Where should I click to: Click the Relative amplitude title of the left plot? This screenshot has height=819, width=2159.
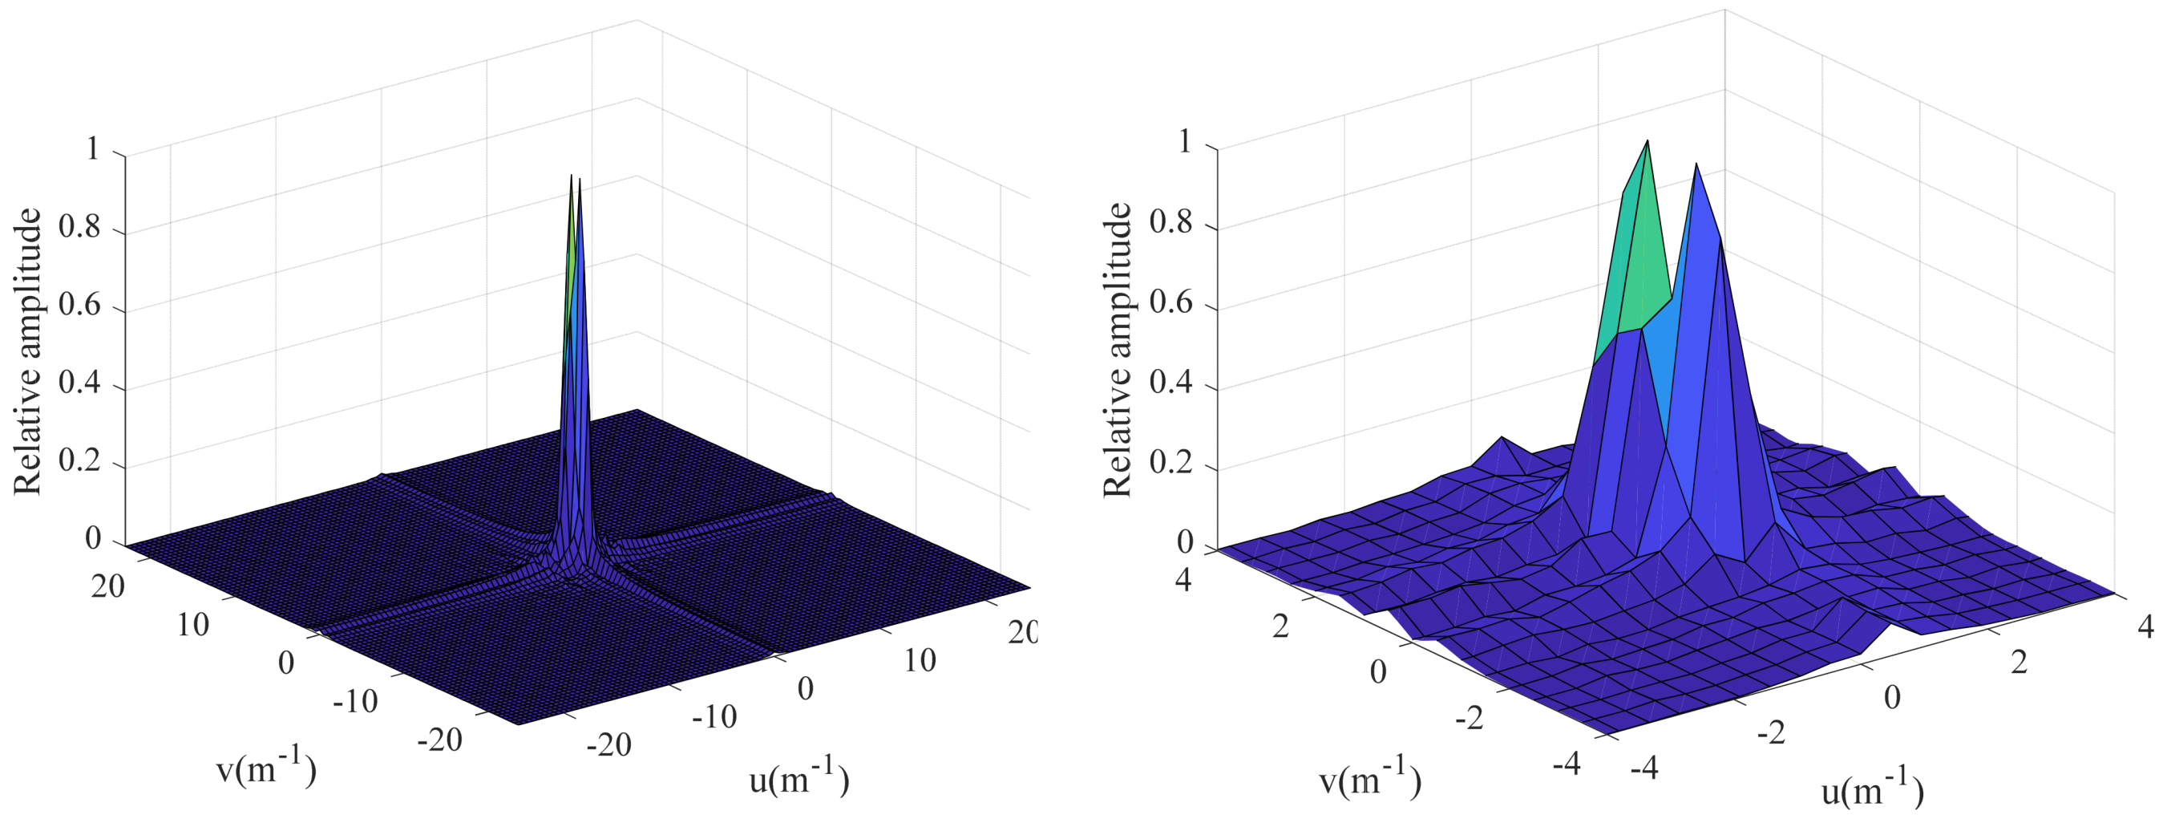point(27,352)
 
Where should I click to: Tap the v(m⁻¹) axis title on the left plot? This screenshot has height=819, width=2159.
point(266,769)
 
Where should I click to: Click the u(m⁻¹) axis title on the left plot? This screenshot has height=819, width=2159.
point(799,779)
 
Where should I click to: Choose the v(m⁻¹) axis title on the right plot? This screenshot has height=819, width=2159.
point(1370,780)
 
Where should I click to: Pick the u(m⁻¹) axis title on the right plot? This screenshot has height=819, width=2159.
point(1872,790)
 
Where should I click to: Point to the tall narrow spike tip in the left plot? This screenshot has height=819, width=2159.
point(572,175)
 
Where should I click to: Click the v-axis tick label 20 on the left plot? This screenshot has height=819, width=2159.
point(108,586)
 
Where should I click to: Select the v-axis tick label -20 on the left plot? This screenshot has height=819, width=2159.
point(439,740)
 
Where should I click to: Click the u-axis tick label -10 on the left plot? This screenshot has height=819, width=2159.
point(714,718)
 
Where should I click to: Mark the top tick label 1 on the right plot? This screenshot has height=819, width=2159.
point(1184,143)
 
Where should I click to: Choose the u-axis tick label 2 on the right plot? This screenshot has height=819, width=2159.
point(2020,663)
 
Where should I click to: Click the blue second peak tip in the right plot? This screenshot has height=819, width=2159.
point(1696,164)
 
